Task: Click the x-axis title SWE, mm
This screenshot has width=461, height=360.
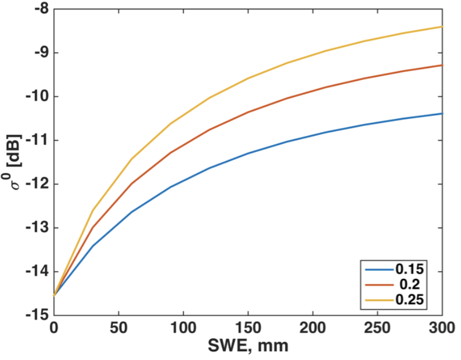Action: [247, 346]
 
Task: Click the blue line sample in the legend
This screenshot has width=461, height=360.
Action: [378, 269]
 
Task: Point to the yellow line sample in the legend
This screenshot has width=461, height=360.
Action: [378, 300]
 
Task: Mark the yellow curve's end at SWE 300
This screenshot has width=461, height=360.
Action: [441, 27]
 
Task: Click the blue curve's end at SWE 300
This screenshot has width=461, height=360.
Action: [441, 113]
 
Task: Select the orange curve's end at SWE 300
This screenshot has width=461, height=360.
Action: [441, 65]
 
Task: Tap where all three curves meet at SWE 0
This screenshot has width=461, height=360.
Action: [54, 295]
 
